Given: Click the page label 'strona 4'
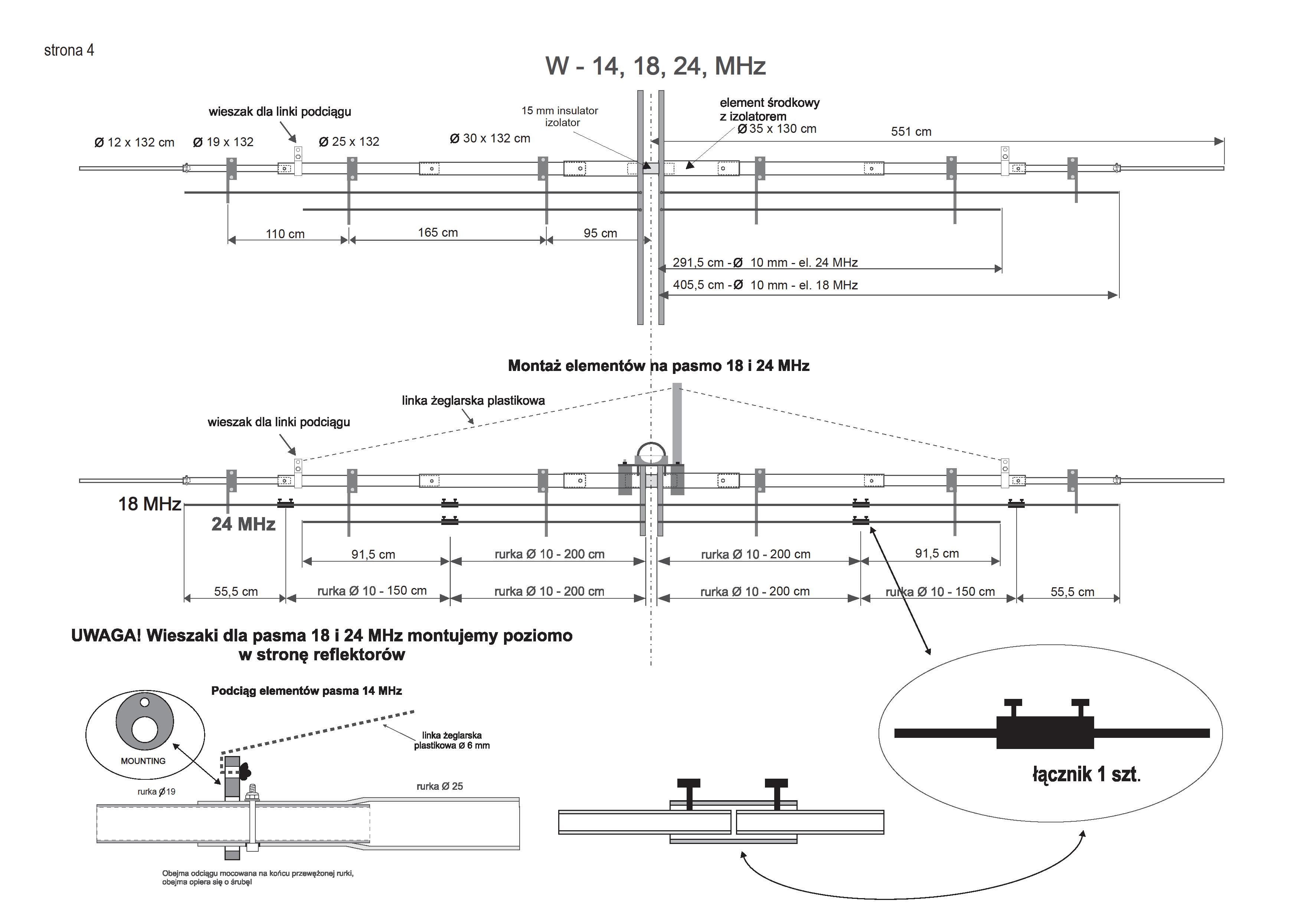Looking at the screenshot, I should click(69, 50).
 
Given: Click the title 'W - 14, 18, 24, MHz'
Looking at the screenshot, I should click(655, 66).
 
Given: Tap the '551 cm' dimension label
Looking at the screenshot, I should click(911, 132).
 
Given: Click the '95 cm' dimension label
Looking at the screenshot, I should click(600, 233).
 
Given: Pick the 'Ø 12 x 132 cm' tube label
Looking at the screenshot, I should click(134, 142).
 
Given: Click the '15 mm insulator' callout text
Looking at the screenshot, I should click(560, 111).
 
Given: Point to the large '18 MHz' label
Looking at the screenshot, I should click(149, 504).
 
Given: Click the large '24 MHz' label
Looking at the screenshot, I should click(243, 524).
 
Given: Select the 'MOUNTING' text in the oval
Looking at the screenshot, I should click(143, 761).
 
